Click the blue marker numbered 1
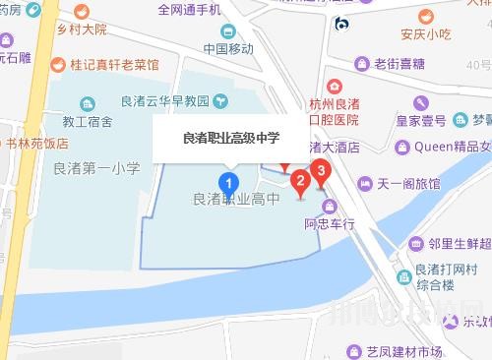click(x=229, y=183)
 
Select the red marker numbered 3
click(x=319, y=170)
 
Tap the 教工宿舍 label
click(x=89, y=120)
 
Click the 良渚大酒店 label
click(x=327, y=147)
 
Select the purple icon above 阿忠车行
click(x=329, y=207)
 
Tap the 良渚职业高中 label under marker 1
click(x=234, y=200)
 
